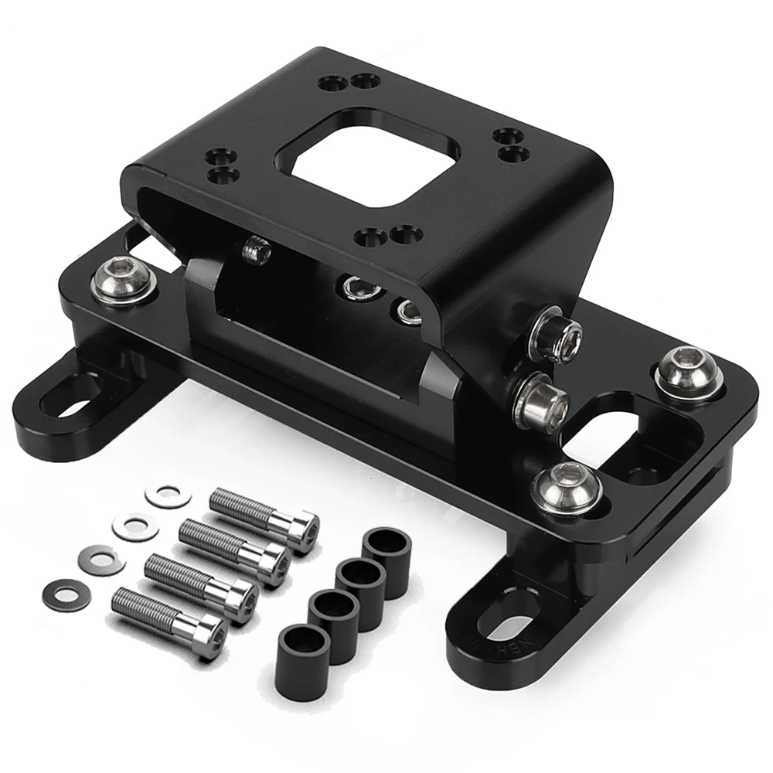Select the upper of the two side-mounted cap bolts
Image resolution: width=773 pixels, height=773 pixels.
click(557, 334)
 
